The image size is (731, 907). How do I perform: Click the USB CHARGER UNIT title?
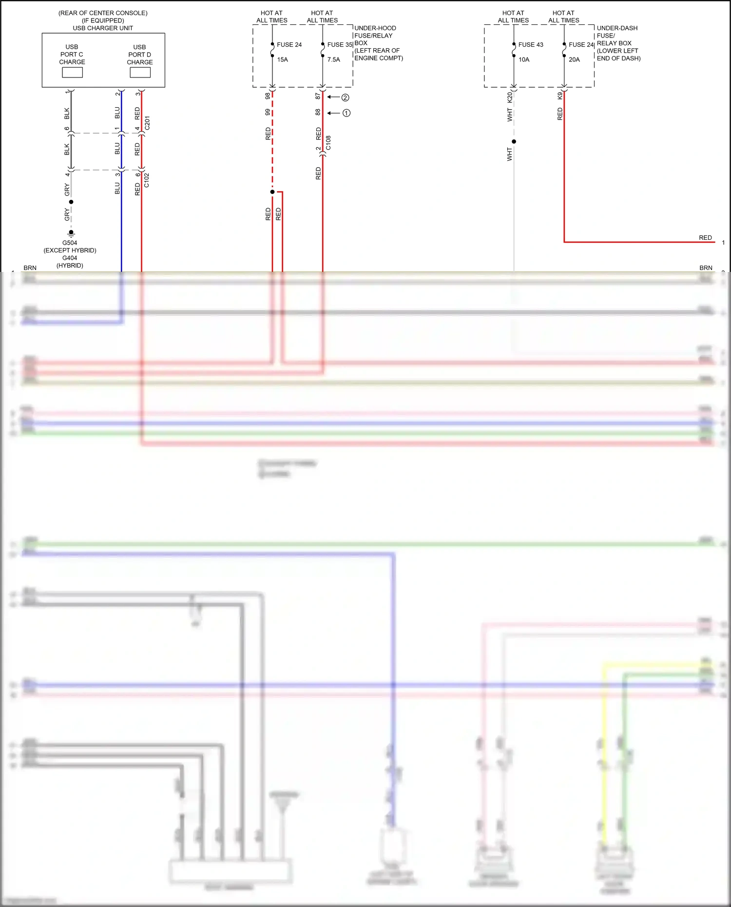103,28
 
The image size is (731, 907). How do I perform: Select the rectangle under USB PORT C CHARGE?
72,73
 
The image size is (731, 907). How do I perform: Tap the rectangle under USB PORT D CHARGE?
140,73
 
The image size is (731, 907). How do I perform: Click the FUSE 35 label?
340,45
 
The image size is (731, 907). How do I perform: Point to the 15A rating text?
283,60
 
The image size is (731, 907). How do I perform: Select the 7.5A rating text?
334,60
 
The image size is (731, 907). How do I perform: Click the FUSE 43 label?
531,45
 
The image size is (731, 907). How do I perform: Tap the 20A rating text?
574,60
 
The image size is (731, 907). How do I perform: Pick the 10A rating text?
524,60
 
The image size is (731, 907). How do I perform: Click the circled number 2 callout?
345,97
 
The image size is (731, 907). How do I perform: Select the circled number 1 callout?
346,113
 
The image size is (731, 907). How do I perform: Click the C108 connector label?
328,143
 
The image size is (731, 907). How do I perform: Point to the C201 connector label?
147,123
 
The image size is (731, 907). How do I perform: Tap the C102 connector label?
147,180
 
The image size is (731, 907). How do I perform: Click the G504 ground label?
70,243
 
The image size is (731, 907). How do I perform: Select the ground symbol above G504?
71,233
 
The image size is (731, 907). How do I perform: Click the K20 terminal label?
510,97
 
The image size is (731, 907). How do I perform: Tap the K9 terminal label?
560,96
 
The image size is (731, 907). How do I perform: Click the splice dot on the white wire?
514,142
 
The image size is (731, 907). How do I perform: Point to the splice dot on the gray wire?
71,202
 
